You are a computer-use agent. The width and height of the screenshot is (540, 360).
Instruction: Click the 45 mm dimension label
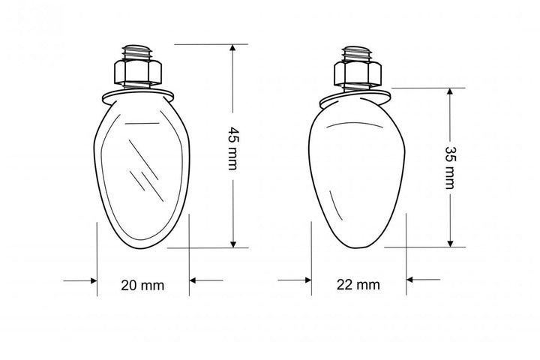(x=232, y=148)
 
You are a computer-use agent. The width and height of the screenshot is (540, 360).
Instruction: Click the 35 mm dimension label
(x=450, y=168)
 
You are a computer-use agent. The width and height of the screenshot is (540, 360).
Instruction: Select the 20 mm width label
(x=142, y=285)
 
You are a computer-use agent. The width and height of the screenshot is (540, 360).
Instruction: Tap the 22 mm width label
(x=358, y=285)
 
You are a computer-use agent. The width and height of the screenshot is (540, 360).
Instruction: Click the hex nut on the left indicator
(x=138, y=72)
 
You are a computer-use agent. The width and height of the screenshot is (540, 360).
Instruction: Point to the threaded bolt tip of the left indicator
(x=138, y=52)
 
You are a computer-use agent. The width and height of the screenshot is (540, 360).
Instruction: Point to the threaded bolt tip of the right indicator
(x=358, y=53)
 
